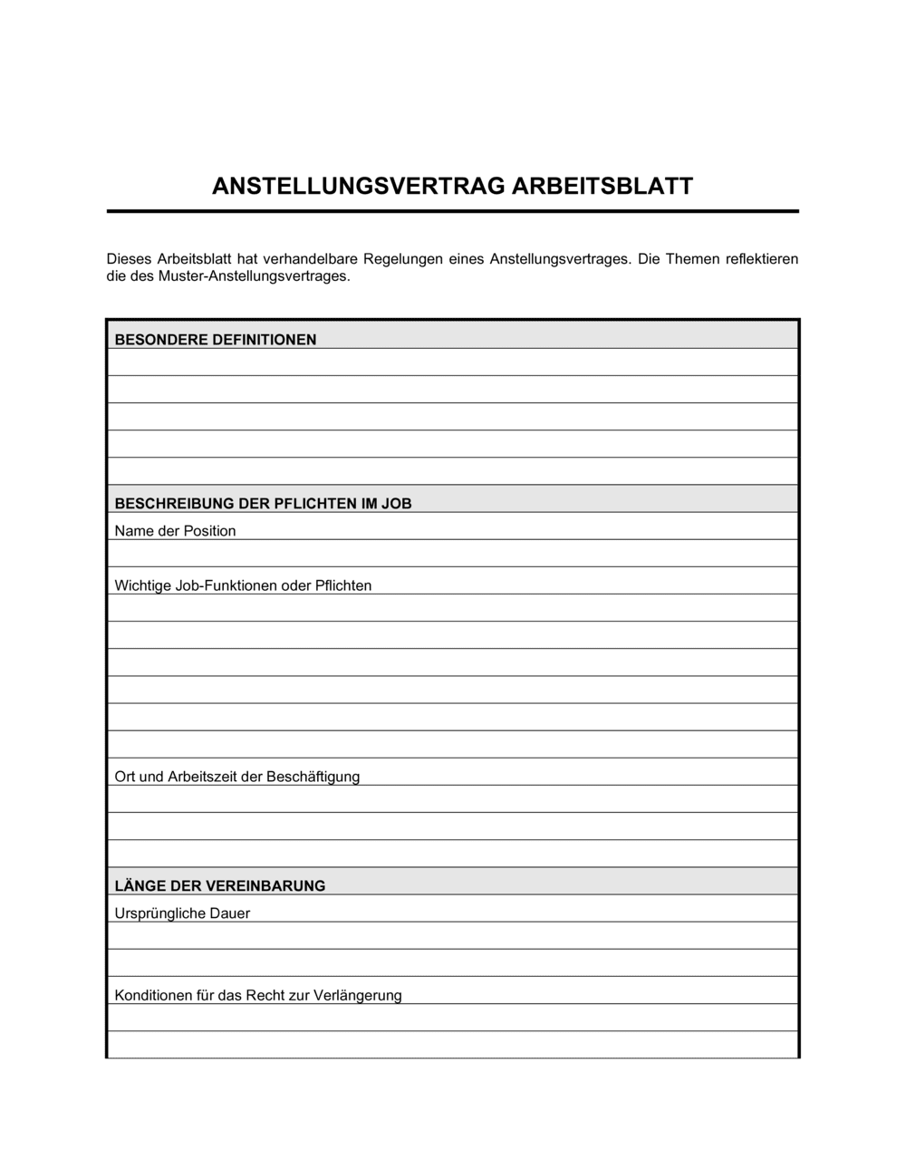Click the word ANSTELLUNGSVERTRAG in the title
pyautogui.click(x=359, y=187)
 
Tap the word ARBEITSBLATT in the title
pyautogui.click(x=602, y=187)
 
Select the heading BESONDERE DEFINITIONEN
pyautogui.click(x=216, y=340)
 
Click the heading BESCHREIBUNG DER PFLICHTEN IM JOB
pyautogui.click(x=263, y=504)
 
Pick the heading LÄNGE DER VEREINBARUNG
pyautogui.click(x=220, y=886)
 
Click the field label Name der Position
pyautogui.click(x=175, y=531)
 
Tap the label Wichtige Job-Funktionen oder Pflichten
pyautogui.click(x=243, y=585)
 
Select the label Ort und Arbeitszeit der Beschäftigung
pyautogui.click(x=237, y=777)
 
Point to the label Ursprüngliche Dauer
pyautogui.click(x=182, y=913)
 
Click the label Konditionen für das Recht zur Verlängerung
pyautogui.click(x=258, y=995)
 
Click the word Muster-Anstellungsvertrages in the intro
pyautogui.click(x=254, y=276)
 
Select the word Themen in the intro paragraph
pyautogui.click(x=691, y=259)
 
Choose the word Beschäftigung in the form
pyautogui.click(x=315, y=777)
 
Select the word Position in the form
pyautogui.click(x=209, y=531)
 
